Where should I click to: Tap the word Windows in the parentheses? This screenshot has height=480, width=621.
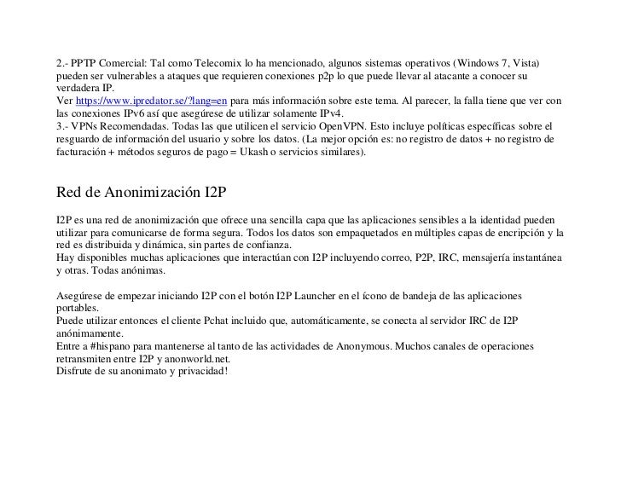point(481,64)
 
